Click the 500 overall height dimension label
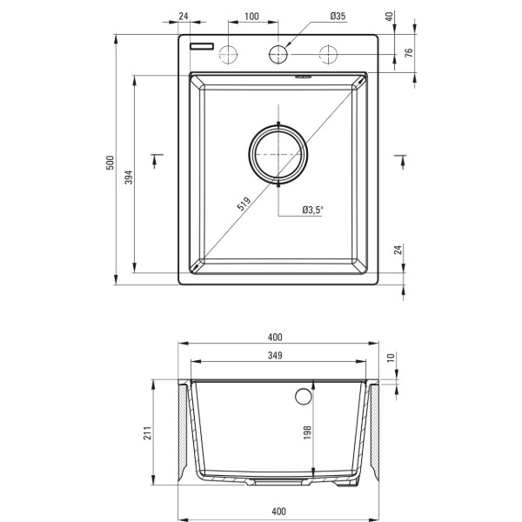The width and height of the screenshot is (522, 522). pyautogui.click(x=110, y=163)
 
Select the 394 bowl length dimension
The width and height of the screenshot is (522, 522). pyautogui.click(x=129, y=177)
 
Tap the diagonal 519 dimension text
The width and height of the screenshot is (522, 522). pyautogui.click(x=244, y=204)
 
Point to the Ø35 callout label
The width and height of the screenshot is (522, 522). pyautogui.click(x=338, y=16)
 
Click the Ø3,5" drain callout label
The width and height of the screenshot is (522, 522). pyautogui.click(x=313, y=210)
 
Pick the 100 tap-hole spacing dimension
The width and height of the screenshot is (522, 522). pyautogui.click(x=251, y=17)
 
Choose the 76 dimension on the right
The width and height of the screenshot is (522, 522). pyautogui.click(x=409, y=52)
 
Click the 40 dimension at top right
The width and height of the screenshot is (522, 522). pyautogui.click(x=389, y=17)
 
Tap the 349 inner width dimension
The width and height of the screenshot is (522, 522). pyautogui.click(x=275, y=356)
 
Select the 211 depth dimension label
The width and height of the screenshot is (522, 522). pyautogui.click(x=148, y=432)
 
